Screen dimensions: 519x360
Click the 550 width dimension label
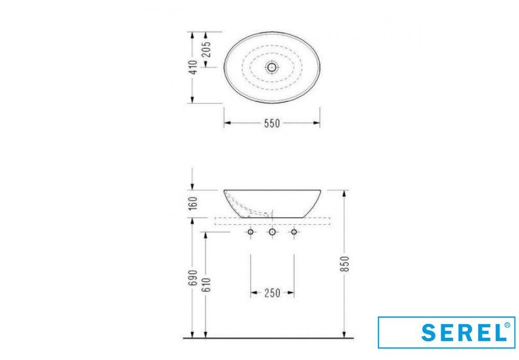point(272,123)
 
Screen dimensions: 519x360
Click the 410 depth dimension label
point(193,67)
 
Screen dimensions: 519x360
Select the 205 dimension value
point(206,49)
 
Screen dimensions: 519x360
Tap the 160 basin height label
point(193,203)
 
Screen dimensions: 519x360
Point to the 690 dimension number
point(193,277)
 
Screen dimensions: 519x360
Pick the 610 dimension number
point(206,285)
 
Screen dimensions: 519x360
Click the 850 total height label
point(345,264)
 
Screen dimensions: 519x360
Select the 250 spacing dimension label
point(272,293)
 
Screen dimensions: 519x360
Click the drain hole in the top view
point(272,68)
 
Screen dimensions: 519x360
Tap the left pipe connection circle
point(251,232)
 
